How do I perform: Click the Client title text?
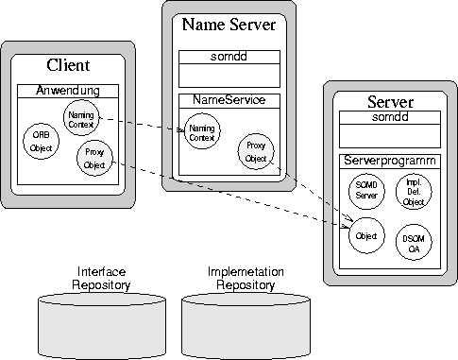click(x=68, y=66)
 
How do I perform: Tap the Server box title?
click(x=389, y=100)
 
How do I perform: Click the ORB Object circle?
click(x=41, y=140)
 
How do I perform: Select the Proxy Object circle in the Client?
click(x=93, y=160)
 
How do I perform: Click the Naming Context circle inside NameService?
click(x=200, y=133)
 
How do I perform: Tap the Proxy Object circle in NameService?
click(x=256, y=153)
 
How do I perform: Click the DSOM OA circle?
click(x=414, y=238)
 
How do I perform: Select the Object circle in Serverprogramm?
click(x=365, y=234)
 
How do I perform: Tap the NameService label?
click(x=229, y=99)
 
